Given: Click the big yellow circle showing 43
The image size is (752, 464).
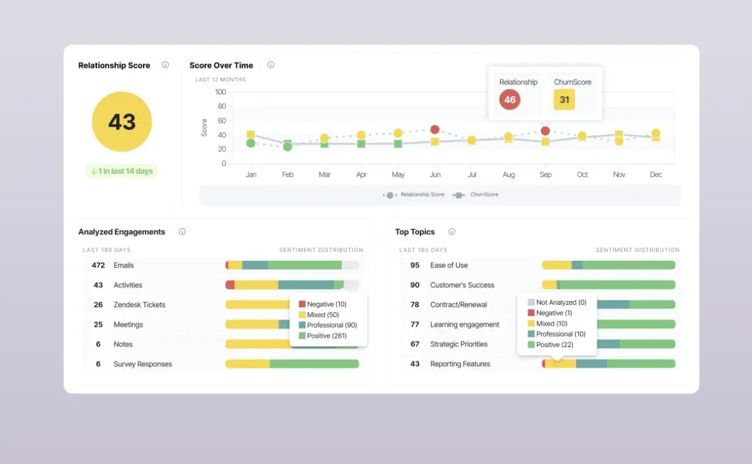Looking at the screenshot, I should [x=122, y=122].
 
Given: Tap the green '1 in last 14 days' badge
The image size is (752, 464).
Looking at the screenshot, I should [x=122, y=171].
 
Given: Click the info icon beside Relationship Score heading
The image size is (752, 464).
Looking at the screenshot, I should [x=165, y=65].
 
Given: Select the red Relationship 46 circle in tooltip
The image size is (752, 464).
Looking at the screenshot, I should [x=510, y=99].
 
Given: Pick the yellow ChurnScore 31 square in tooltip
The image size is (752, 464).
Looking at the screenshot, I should [x=564, y=99].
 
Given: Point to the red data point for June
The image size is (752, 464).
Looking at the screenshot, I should [x=435, y=130].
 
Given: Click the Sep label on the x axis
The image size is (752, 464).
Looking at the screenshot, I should [x=545, y=174].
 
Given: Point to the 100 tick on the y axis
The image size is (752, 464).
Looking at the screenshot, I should [x=220, y=92].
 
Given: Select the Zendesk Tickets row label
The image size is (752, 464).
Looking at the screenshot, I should [x=139, y=305].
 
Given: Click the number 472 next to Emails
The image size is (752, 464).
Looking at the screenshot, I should [x=98, y=265].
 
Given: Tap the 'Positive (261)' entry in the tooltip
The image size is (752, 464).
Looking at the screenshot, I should [x=327, y=335].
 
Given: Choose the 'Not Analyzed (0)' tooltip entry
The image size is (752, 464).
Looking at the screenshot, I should [x=561, y=302].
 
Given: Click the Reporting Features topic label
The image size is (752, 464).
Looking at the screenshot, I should [x=460, y=364].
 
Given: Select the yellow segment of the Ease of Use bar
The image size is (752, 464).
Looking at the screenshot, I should [x=556, y=265].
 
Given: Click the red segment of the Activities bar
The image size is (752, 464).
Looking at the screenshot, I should [x=230, y=285].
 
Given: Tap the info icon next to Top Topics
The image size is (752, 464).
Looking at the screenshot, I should [x=452, y=232].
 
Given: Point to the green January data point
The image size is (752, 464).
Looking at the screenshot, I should [x=251, y=143].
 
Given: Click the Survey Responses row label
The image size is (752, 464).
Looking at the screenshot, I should [x=142, y=364].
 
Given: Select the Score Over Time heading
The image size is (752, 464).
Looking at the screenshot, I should [x=221, y=65].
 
